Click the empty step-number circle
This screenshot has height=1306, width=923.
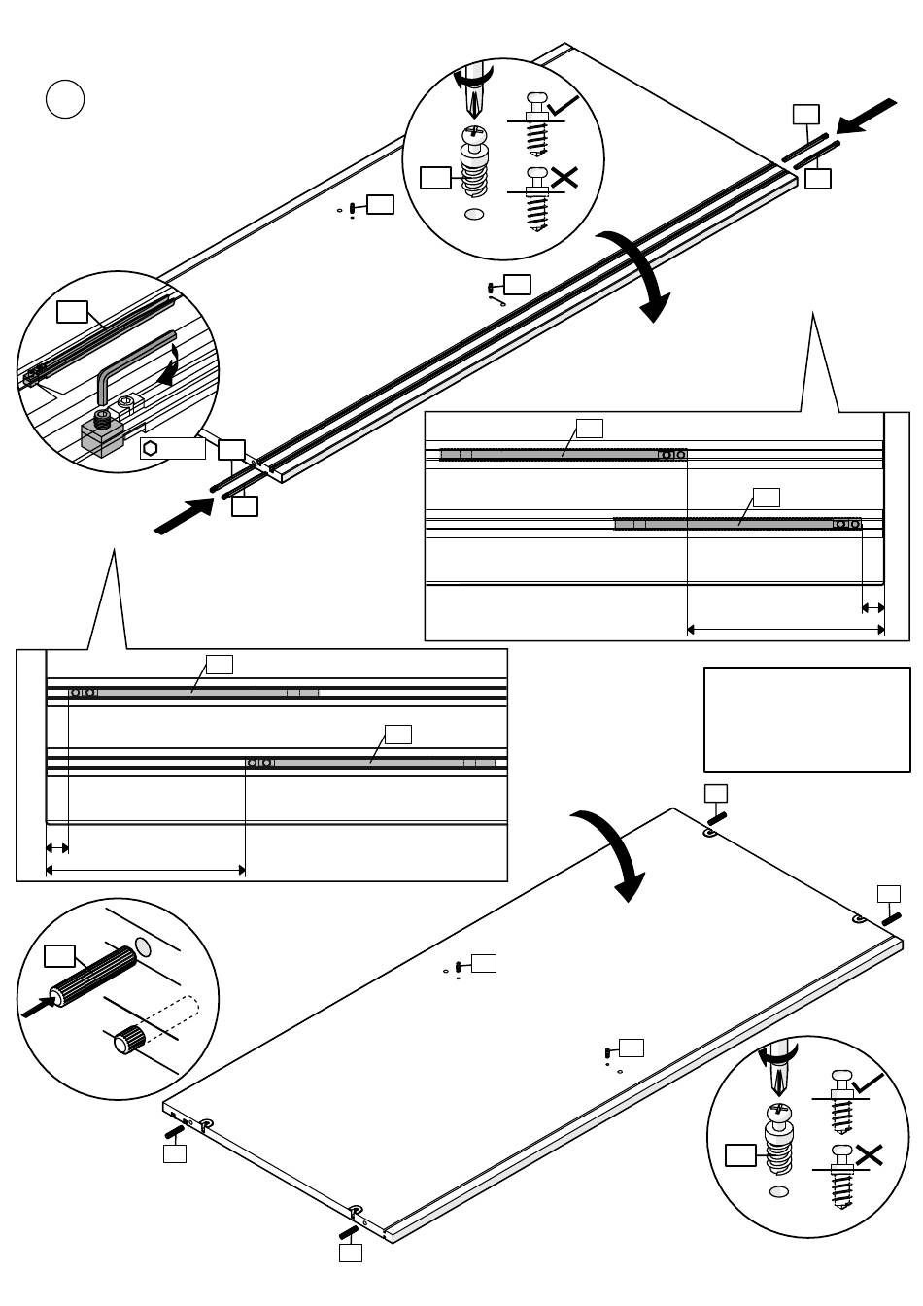coord(65,99)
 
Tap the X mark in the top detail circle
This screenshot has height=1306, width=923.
coord(564,177)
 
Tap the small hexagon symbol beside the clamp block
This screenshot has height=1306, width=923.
coord(151,448)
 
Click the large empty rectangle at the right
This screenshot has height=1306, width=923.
coord(806,719)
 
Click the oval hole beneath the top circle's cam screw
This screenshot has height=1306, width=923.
coord(474,215)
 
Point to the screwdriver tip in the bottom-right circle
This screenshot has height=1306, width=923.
coord(778,1081)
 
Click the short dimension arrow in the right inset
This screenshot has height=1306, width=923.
coord(872,608)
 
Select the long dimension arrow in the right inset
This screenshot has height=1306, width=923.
coord(785,630)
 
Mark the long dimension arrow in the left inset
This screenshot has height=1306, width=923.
coord(146,870)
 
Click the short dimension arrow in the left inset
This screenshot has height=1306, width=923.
coord(57,848)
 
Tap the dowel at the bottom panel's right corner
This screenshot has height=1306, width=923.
coord(891,918)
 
